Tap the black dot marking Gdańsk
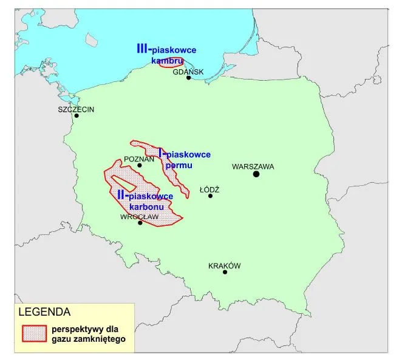[189, 78]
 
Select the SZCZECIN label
[77, 109]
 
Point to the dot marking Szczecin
[77, 117]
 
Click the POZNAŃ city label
[136, 158]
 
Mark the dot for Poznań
[140, 165]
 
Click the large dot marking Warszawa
[256, 174]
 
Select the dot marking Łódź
[211, 195]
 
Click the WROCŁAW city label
[139, 216]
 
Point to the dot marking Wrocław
[140, 223]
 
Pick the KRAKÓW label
[225, 265]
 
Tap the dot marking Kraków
[225, 272]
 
